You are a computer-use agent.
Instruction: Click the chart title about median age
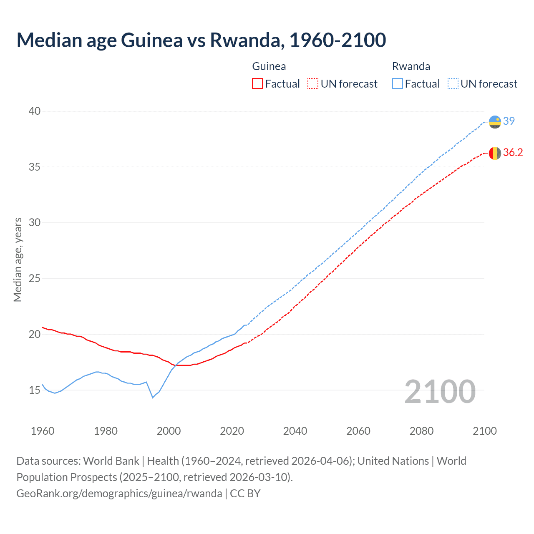click(x=201, y=40)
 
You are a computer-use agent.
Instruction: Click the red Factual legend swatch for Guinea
click(x=257, y=83)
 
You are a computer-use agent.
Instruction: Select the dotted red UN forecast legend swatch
click(x=313, y=83)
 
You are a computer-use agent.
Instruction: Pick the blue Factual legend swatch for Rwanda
click(x=398, y=83)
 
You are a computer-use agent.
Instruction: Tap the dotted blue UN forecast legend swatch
click(x=453, y=83)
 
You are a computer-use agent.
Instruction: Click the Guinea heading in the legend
click(x=269, y=66)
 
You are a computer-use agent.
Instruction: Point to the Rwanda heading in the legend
click(x=411, y=66)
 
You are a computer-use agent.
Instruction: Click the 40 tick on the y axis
click(x=35, y=111)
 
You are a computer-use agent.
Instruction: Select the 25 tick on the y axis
click(x=35, y=278)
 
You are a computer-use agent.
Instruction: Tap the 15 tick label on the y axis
click(x=35, y=390)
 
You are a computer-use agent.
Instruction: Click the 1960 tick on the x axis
click(x=43, y=431)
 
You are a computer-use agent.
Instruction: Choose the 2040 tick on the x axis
click(x=295, y=431)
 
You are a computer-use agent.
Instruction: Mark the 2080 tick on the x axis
click(x=421, y=431)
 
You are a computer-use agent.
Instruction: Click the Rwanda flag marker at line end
click(x=495, y=122)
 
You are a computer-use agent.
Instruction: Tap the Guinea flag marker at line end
click(x=495, y=153)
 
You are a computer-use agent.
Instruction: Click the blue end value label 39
click(x=509, y=121)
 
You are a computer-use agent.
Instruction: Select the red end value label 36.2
click(x=513, y=153)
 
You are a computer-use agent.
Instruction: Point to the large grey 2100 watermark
click(x=440, y=392)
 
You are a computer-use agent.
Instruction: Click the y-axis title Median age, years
click(x=18, y=259)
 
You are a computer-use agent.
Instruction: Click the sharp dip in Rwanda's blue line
click(x=153, y=398)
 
